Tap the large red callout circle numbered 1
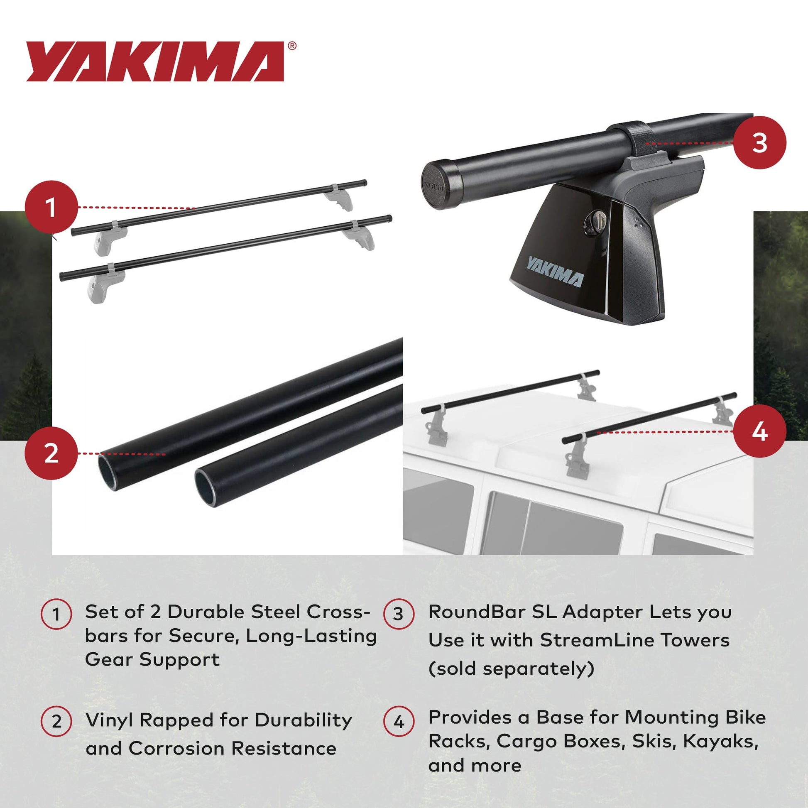pyautogui.click(x=51, y=207)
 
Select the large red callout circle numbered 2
pyautogui.click(x=51, y=453)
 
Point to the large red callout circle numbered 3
pyautogui.click(x=759, y=142)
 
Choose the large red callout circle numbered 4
pyautogui.click(x=759, y=431)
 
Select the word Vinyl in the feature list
pyautogui.click(x=109, y=720)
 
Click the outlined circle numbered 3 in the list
pyautogui.click(x=399, y=614)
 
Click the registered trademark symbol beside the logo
pyautogui.click(x=292, y=46)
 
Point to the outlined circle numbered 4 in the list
pyautogui.click(x=399, y=722)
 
